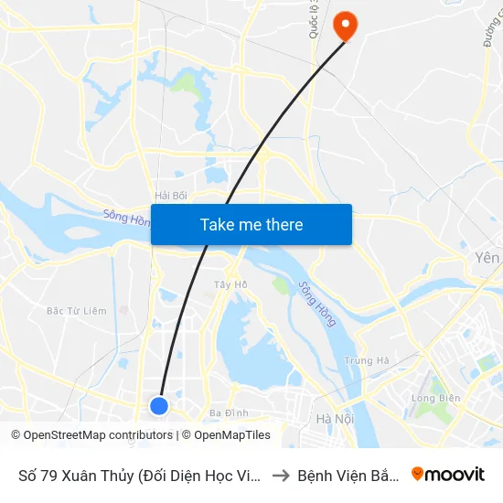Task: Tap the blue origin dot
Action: tap(159, 405)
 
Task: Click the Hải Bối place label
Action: tap(171, 196)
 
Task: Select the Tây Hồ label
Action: tap(230, 284)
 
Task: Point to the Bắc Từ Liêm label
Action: tap(77, 311)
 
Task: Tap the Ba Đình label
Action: tap(229, 413)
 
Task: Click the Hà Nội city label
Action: tap(334, 419)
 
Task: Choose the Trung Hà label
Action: tap(367, 360)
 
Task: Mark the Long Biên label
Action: tap(434, 399)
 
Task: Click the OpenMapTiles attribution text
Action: tap(232, 435)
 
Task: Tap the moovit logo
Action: tap(448, 474)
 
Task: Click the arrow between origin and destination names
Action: tap(283, 475)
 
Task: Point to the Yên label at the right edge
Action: tap(489, 259)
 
